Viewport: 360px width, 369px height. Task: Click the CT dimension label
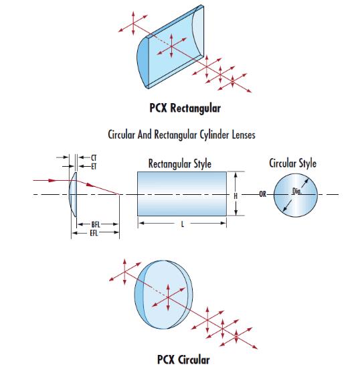coord(94,157)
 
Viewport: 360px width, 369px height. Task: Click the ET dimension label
coord(94,167)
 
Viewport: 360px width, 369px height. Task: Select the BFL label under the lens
coord(96,224)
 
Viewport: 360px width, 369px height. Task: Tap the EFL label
coord(94,233)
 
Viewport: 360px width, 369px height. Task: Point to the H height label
coord(236,196)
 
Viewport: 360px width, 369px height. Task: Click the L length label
coord(183,224)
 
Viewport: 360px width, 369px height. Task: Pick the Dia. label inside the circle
coord(296,191)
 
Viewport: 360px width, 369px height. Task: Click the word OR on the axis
coord(263,194)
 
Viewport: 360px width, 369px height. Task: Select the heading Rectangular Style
coord(180,163)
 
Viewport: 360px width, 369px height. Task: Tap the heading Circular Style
coord(292,163)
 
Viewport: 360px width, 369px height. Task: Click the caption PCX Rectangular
coord(185,108)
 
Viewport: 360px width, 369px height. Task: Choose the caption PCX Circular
coord(183,360)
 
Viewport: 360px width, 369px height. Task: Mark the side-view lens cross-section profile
coord(73,194)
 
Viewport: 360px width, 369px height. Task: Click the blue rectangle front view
coord(182,194)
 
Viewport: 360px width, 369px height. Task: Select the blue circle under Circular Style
coord(296,195)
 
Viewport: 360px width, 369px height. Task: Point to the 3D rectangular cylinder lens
coord(170,47)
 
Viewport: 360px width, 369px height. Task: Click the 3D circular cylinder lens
coord(164,295)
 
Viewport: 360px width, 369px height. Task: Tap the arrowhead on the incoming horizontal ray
coord(52,181)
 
